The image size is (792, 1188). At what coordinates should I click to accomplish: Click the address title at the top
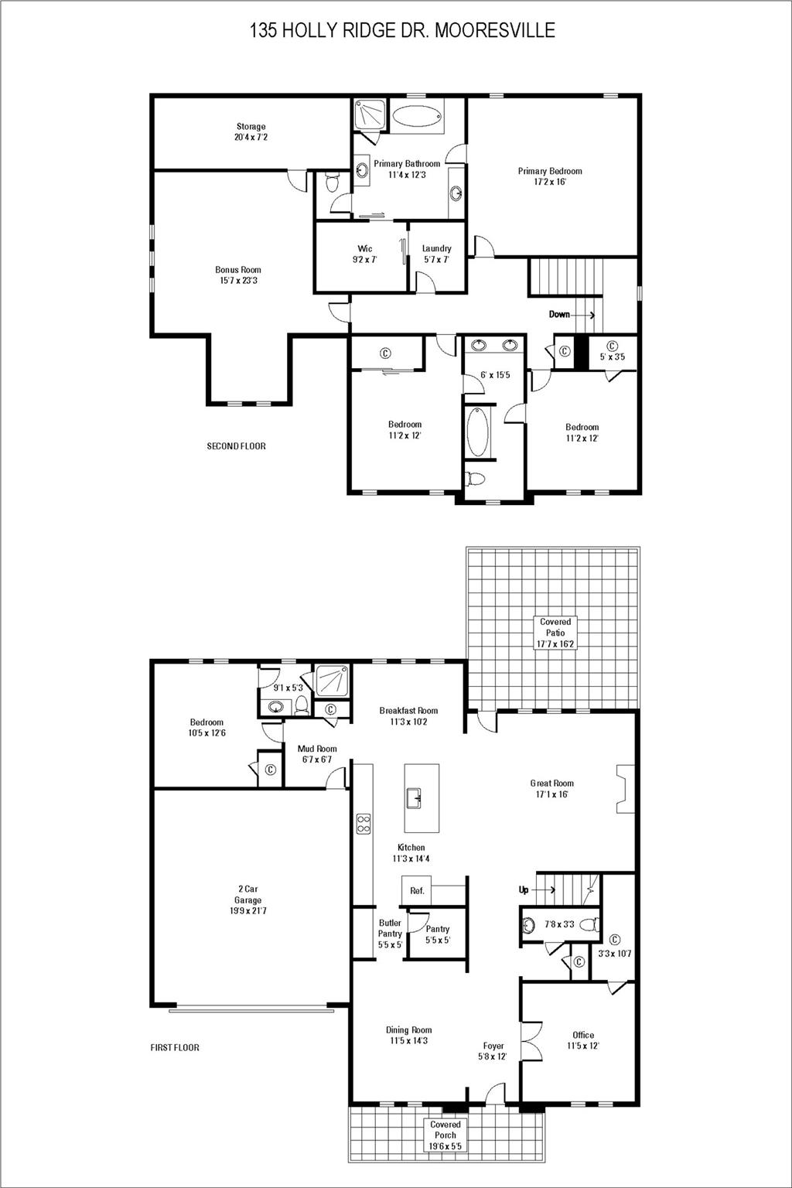(x=402, y=30)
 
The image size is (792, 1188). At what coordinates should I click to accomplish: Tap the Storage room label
(x=251, y=131)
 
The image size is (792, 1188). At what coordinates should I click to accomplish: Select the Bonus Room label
(x=238, y=275)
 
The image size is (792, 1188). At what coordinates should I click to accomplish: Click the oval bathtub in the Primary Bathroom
(x=418, y=117)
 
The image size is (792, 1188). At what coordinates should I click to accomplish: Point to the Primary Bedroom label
(x=550, y=176)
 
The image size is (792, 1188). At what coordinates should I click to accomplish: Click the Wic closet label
(x=364, y=254)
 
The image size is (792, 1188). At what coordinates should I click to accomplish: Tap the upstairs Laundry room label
(x=436, y=254)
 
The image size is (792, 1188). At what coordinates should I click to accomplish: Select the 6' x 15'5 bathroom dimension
(x=495, y=375)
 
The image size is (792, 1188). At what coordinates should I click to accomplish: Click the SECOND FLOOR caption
(x=236, y=446)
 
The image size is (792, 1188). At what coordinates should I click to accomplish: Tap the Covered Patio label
(x=555, y=633)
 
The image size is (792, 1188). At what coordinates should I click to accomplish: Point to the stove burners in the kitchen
(x=364, y=824)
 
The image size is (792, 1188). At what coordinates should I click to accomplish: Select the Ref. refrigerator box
(x=417, y=891)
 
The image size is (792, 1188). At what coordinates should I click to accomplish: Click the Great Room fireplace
(x=625, y=789)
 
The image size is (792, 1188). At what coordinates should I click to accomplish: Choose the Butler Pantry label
(x=390, y=934)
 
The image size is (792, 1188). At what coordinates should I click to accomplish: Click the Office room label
(x=583, y=1040)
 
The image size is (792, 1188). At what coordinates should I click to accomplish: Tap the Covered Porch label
(x=445, y=1135)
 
